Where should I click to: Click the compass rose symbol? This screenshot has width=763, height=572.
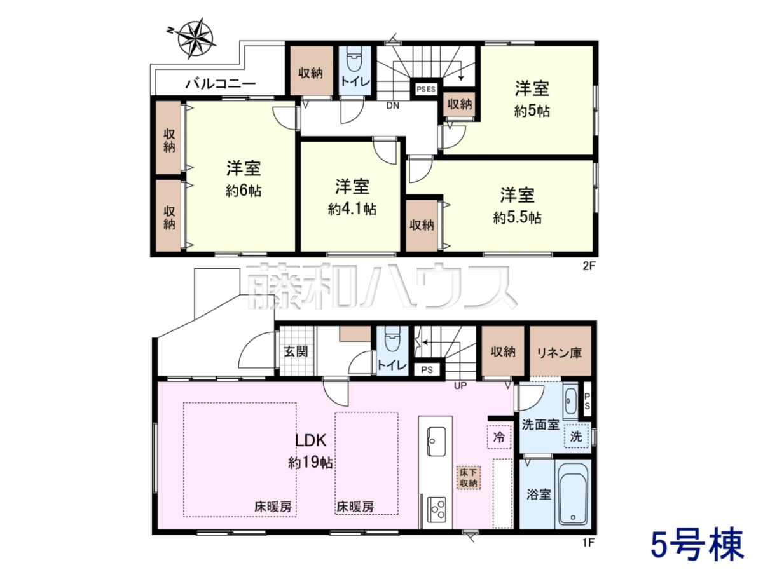(195, 39)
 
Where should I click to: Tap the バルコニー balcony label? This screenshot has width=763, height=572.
(221, 83)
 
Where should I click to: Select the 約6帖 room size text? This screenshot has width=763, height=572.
(244, 191)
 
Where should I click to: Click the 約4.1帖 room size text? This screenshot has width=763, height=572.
(352, 209)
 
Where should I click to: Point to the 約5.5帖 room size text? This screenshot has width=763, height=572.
(517, 218)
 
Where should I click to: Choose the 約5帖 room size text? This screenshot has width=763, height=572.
(532, 111)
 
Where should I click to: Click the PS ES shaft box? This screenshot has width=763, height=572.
(426, 89)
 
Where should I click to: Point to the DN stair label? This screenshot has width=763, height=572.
(393, 106)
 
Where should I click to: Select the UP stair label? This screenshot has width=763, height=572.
(460, 386)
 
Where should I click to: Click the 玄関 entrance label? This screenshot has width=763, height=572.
(296, 351)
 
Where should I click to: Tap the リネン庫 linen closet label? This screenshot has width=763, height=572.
(560, 353)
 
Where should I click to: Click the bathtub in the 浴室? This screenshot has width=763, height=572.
(573, 494)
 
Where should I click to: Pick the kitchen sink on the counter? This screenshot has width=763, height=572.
(436, 442)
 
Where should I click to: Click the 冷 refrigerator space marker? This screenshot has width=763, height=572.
(499, 437)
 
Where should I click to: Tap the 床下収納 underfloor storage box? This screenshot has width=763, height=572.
(469, 478)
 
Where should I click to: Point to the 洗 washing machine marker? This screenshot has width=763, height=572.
(576, 436)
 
